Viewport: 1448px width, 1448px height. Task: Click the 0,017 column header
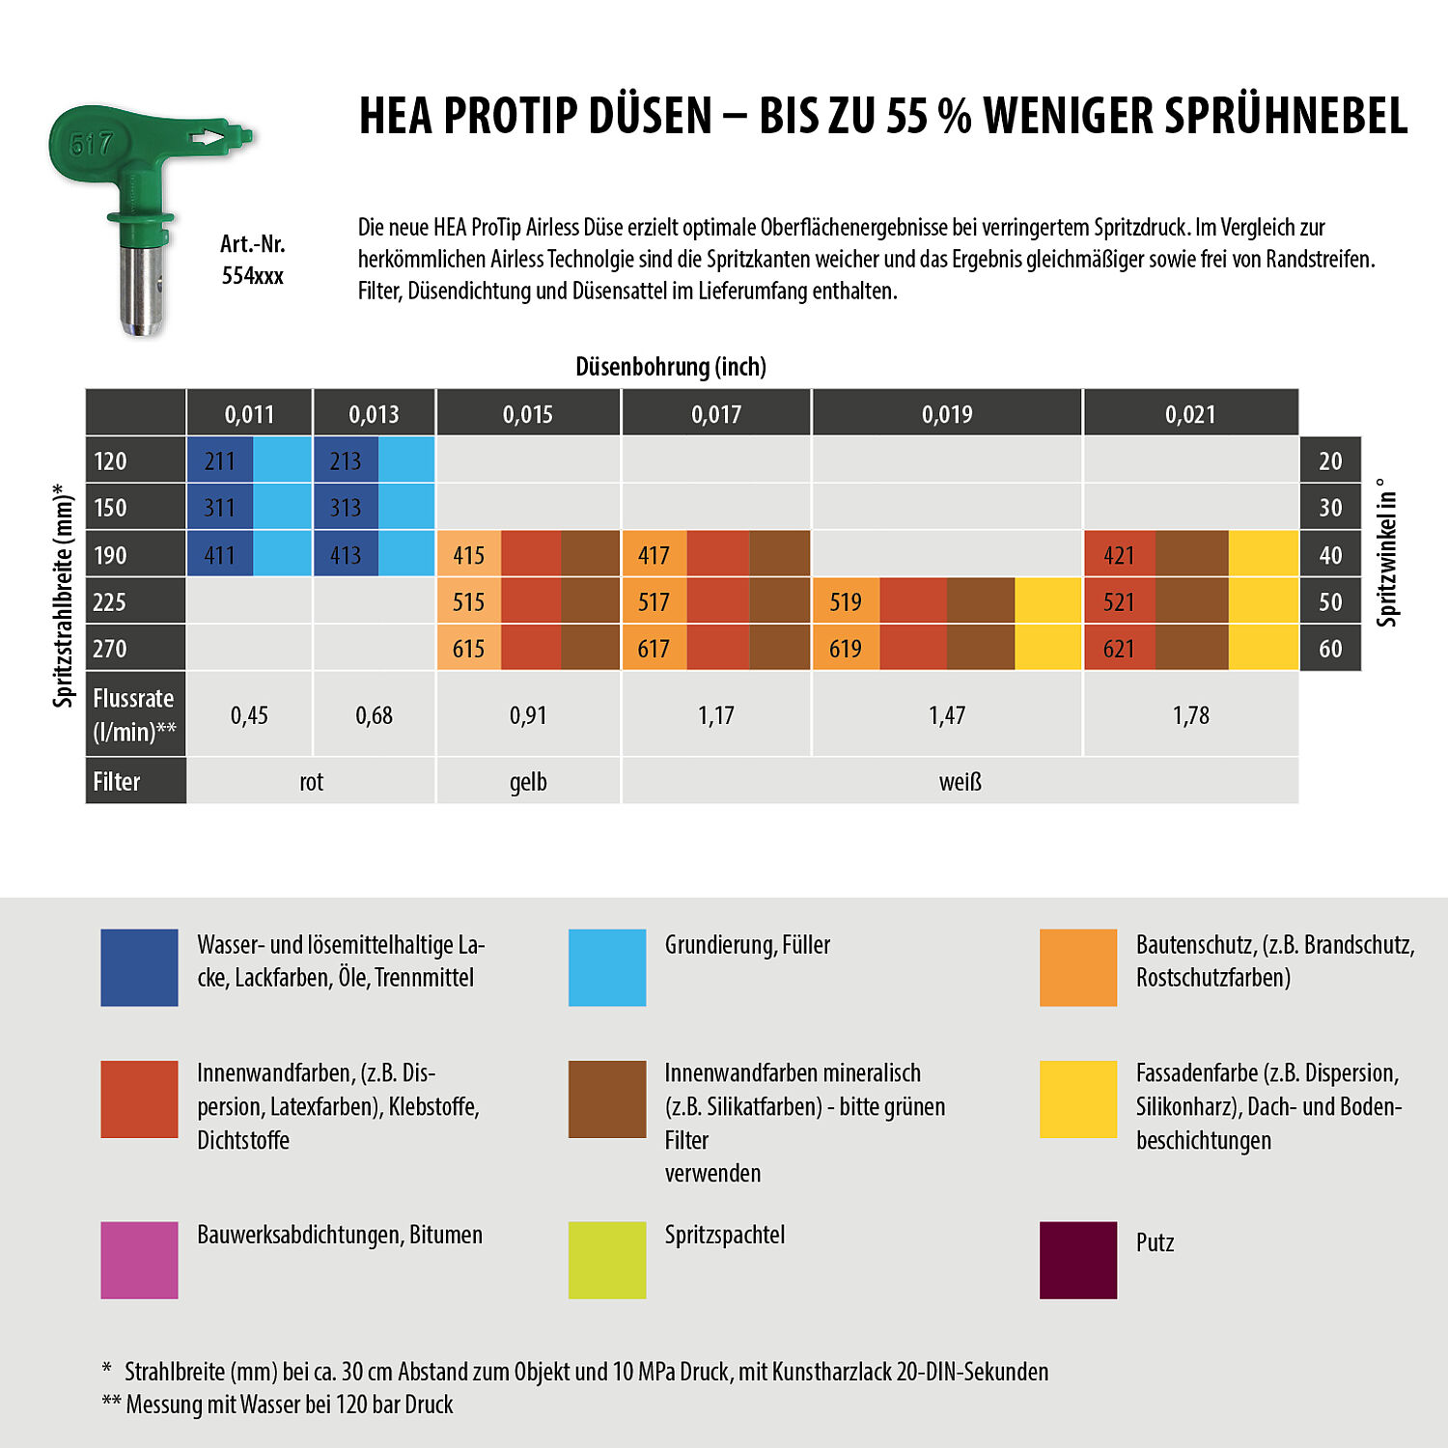coord(715,414)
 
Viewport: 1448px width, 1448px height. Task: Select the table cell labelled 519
coord(846,602)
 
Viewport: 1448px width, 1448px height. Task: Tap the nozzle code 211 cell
coord(220,461)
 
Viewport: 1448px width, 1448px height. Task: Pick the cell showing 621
coord(1119,649)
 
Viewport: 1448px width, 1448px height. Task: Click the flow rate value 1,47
coord(946,715)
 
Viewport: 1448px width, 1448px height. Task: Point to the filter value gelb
coord(528,782)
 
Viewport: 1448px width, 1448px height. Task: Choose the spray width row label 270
coord(110,649)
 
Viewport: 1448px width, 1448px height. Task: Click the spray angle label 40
coord(1330,555)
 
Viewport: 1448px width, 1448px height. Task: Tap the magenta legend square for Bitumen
coord(139,1260)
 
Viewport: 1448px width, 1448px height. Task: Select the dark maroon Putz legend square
coord(1077,1260)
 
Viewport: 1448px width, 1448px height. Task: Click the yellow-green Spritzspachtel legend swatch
coord(606,1260)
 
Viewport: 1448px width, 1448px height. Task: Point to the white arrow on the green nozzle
coord(208,138)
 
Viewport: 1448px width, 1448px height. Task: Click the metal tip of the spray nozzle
coord(141,290)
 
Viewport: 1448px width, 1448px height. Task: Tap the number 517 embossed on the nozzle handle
coord(92,145)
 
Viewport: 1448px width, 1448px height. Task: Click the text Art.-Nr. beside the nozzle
coord(253,244)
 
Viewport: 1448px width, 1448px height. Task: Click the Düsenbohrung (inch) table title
coord(671,367)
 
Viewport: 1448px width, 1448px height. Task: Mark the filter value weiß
coord(960,782)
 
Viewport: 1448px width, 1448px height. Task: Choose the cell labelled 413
coord(346,555)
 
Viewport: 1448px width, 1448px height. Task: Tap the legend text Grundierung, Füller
coord(747,945)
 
